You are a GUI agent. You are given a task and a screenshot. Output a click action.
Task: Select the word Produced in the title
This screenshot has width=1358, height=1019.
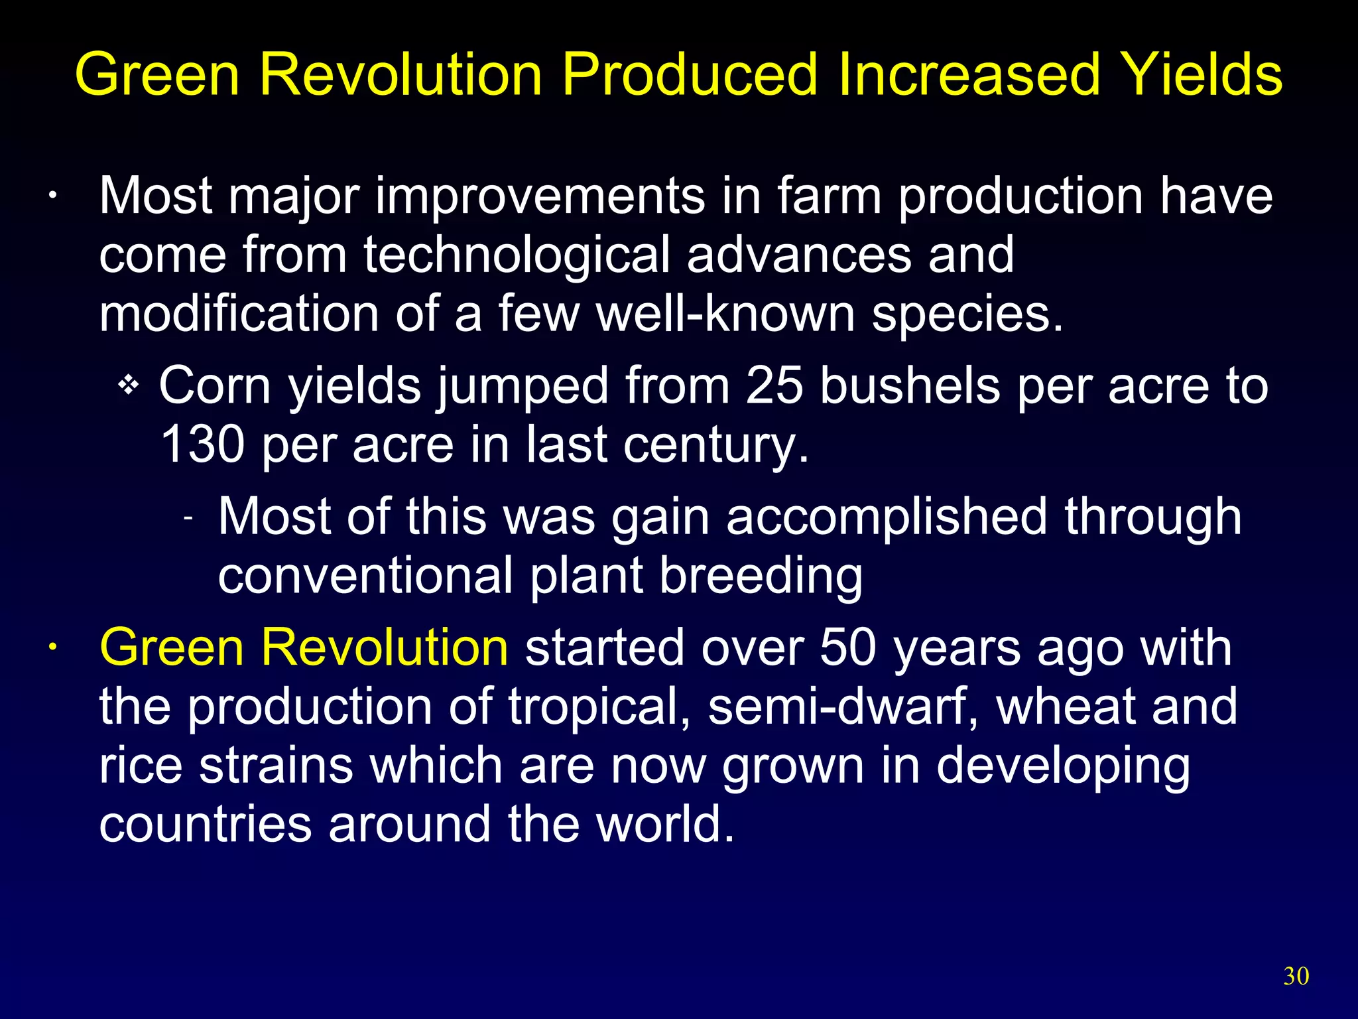click(690, 74)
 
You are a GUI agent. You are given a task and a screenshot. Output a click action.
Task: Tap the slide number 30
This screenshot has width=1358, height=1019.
click(1296, 976)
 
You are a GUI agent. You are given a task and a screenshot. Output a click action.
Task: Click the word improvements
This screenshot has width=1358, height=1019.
click(540, 196)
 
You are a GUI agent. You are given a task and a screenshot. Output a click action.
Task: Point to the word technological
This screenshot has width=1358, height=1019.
click(517, 255)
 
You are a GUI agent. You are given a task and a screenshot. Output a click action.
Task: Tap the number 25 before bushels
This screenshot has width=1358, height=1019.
click(774, 385)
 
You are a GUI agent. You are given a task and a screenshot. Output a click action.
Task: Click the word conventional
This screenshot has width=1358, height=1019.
click(365, 575)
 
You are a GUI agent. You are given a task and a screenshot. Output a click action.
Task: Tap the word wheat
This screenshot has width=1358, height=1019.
click(1066, 706)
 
